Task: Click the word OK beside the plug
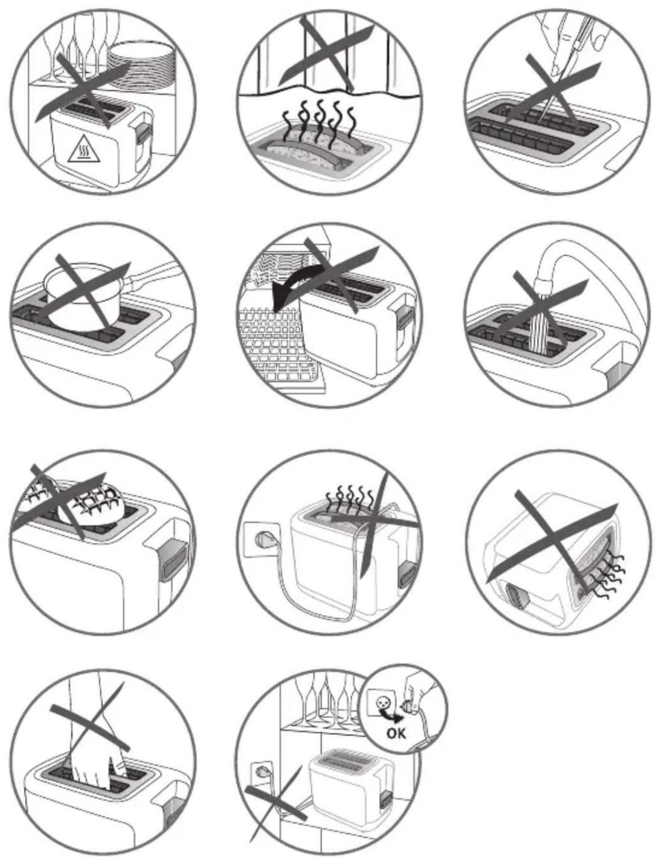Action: [x=396, y=733]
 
